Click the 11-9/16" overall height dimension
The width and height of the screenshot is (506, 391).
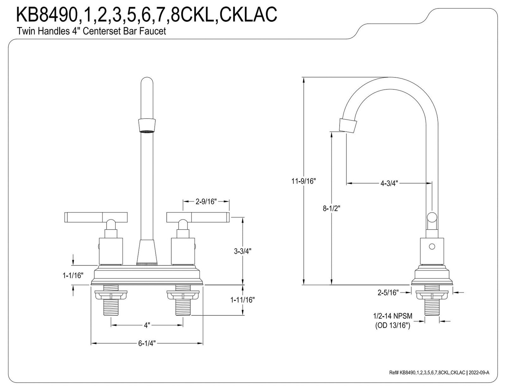[x=303, y=181]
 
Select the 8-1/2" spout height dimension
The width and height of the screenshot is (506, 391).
[x=331, y=208]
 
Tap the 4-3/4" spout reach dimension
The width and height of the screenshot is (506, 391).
[x=389, y=183]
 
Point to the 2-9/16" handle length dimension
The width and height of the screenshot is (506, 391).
[x=206, y=202]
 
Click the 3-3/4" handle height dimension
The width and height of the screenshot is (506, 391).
[x=243, y=251]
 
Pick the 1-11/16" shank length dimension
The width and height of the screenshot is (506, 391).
[x=243, y=300]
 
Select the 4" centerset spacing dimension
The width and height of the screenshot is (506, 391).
[x=147, y=325]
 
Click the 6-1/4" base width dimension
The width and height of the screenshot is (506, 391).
[x=147, y=343]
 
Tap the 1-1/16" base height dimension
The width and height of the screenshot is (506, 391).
[x=73, y=276]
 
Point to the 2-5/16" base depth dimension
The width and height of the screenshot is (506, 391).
[x=388, y=293]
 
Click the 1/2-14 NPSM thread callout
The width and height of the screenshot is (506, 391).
[x=392, y=316]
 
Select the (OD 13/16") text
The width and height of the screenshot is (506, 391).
[x=392, y=325]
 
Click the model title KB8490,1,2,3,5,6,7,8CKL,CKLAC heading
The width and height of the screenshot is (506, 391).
[x=147, y=15]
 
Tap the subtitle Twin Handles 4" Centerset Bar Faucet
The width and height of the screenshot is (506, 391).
[x=91, y=31]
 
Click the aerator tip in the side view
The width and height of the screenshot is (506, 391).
[x=348, y=126]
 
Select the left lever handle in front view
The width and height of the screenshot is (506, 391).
[x=96, y=217]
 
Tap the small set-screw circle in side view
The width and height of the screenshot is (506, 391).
[x=432, y=246]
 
